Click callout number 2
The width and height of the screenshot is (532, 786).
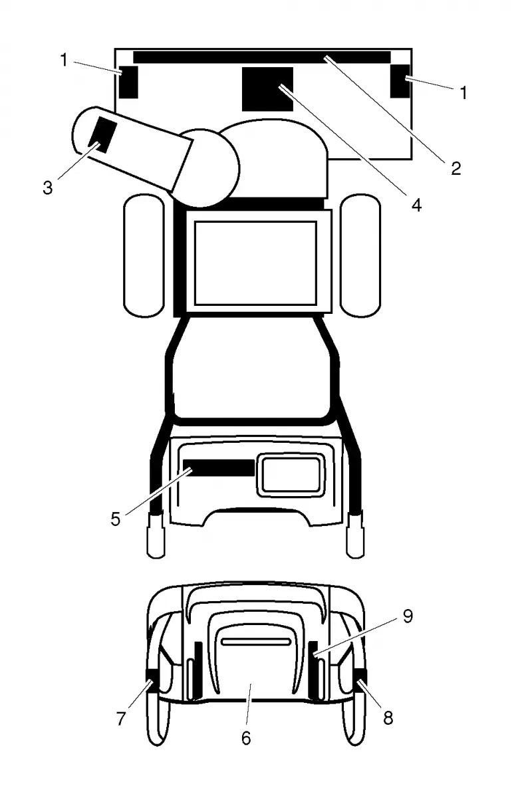point(456,168)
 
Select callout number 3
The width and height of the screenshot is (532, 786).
point(48,188)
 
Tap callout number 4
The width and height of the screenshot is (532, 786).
point(417,205)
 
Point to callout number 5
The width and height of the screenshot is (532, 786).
point(115,519)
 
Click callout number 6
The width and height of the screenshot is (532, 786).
point(245,738)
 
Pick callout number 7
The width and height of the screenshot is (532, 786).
point(121,719)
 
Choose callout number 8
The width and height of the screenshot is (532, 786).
point(388,718)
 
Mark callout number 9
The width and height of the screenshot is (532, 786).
point(408,616)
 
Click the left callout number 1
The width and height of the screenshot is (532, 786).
point(64,60)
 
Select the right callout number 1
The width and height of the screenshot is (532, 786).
point(464,92)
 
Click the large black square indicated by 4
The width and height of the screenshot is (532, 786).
point(267,88)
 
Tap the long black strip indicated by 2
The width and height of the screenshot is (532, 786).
point(262,57)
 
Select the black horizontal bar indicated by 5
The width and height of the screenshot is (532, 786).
point(219,467)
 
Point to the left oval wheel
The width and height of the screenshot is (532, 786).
point(144,255)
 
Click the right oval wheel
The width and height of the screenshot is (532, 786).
point(360,255)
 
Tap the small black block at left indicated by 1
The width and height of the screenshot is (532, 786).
point(128,82)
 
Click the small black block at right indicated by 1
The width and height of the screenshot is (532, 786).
point(400,80)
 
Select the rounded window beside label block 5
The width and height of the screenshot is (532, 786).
point(291,475)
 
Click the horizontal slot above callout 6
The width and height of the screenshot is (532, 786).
point(256,642)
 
